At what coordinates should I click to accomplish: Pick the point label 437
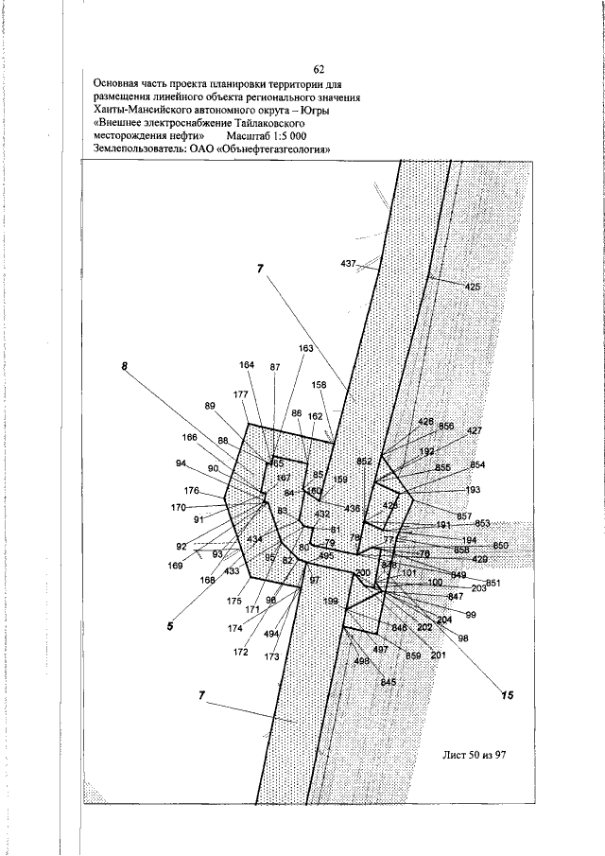tap(348, 262)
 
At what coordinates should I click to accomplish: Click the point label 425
tap(473, 286)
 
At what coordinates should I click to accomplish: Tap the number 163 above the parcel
tap(305, 348)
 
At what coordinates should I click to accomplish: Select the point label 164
tap(247, 365)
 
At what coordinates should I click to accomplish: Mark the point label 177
tap(240, 394)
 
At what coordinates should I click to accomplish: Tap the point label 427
tap(475, 430)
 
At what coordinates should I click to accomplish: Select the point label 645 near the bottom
tap(388, 682)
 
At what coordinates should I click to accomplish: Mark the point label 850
tap(500, 546)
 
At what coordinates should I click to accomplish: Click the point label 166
tap(190, 437)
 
